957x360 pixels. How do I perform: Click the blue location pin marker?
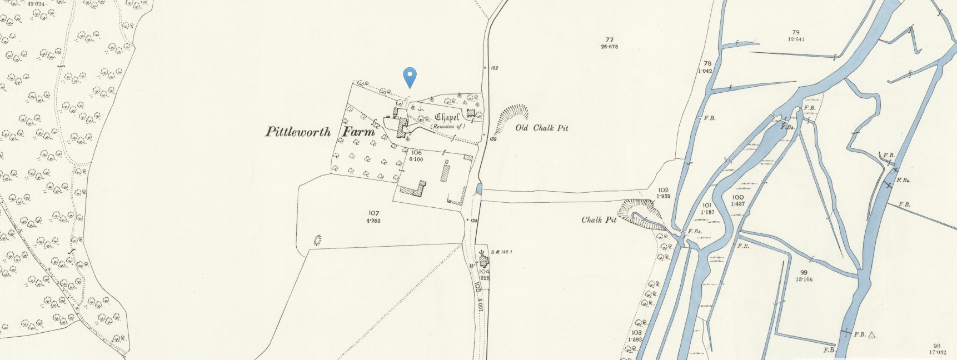pyautogui.click(x=410, y=77)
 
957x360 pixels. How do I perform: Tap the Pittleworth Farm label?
pyautogui.click(x=321, y=132)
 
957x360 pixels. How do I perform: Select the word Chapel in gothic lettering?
pyautogui.click(x=447, y=117)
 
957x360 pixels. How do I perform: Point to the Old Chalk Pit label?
pyautogui.click(x=541, y=128)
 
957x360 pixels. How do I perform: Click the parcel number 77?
pyautogui.click(x=609, y=39)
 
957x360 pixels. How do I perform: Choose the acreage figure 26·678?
pyautogui.click(x=609, y=47)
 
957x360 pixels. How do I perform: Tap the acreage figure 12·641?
pyautogui.click(x=796, y=39)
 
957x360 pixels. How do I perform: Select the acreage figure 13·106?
pyautogui.click(x=804, y=279)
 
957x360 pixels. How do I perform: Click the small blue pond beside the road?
pyautogui.click(x=478, y=189)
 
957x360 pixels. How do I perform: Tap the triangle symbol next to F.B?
pyautogui.click(x=872, y=334)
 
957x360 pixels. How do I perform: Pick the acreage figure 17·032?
pyautogui.click(x=937, y=352)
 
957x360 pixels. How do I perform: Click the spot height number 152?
pyautogui.click(x=494, y=68)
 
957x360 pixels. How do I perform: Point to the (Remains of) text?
pyautogui.click(x=447, y=127)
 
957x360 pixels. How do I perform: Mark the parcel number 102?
pyautogui.click(x=662, y=189)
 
